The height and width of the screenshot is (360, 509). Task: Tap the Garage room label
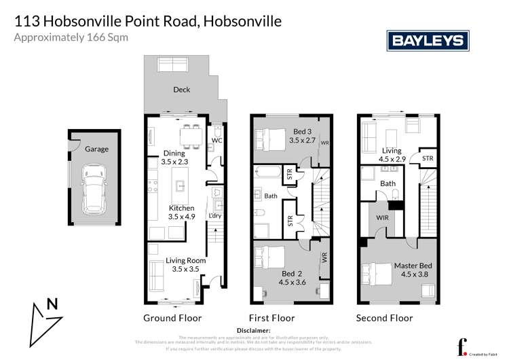(96, 149)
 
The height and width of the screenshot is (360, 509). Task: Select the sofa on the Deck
(172, 65)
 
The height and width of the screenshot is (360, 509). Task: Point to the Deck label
(181, 90)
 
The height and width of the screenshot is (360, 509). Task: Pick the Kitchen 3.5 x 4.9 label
(181, 213)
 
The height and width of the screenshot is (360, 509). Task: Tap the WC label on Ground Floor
(217, 141)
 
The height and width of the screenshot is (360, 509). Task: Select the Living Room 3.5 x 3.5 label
(185, 265)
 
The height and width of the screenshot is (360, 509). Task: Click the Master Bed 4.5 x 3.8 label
(413, 270)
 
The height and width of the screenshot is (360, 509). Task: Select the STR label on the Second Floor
(428, 158)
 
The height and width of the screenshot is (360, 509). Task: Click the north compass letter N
(52, 306)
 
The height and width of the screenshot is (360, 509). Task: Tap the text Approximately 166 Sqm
(71, 38)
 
